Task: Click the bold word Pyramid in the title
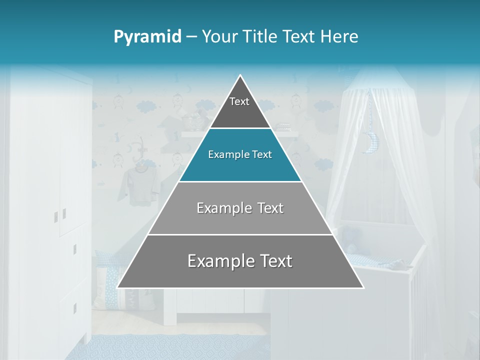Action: [x=147, y=37]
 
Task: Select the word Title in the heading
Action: [x=263, y=37]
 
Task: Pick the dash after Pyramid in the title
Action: [x=191, y=37]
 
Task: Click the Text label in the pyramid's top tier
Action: [x=239, y=101]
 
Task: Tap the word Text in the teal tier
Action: [x=261, y=155]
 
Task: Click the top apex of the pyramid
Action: [x=240, y=75]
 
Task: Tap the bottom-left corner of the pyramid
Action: [x=118, y=287]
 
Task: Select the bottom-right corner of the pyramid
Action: [x=363, y=287]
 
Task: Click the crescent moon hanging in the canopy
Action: [x=371, y=142]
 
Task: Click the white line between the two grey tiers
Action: [x=240, y=234]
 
